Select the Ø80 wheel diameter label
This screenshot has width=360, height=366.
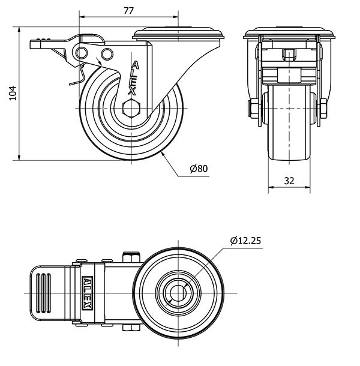coord(199,169)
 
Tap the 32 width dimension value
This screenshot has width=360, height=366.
coord(289,179)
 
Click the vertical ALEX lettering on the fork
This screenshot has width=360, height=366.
coord(135,78)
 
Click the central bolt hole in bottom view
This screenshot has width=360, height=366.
coord(177,293)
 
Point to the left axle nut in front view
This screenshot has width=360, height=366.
coord(253,110)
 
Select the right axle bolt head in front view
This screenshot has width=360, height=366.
coord(323,110)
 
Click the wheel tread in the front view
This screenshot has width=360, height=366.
coord(289,138)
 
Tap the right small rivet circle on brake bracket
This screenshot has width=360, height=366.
coord(108,55)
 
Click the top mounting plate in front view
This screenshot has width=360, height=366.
coord(289,33)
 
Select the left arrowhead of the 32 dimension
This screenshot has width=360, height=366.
coord(269,187)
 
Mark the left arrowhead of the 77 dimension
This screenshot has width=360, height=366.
coord(80,16)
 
